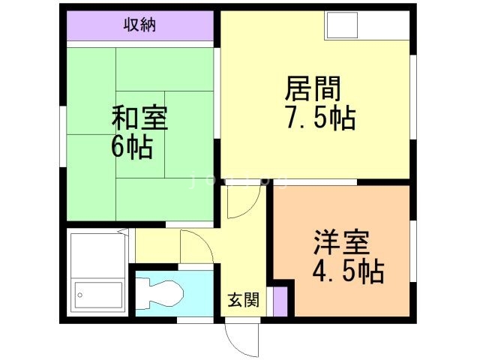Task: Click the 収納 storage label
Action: click(139, 25)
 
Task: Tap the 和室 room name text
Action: click(139, 118)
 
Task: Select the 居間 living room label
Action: click(313, 89)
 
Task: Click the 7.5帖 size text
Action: click(319, 118)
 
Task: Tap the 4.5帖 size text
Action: click(347, 271)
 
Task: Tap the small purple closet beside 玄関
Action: click(279, 300)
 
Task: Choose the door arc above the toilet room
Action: click(196, 247)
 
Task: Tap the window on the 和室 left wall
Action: click(63, 135)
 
